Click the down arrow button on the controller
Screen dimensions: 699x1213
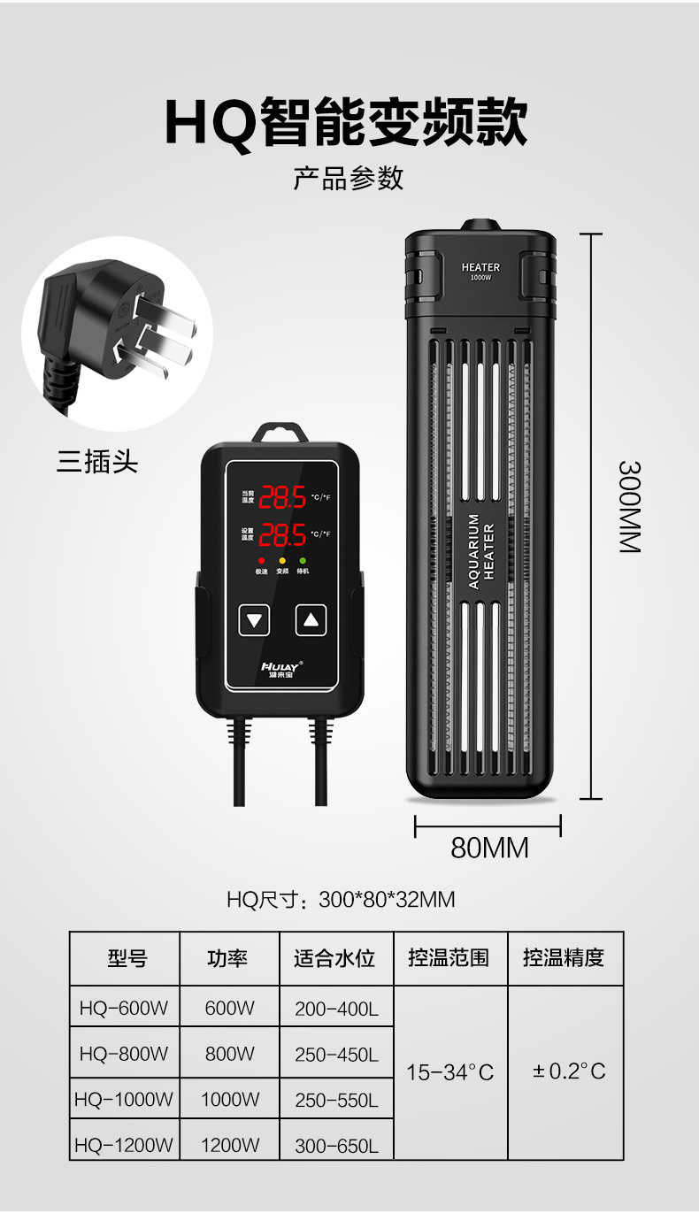coord(256,619)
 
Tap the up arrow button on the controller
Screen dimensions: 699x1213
coord(310,619)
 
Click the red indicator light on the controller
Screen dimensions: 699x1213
coord(261,561)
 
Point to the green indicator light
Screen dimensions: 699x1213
coord(303,561)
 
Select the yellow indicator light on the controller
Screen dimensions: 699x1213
coord(282,561)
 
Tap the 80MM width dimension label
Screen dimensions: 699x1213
coord(489,848)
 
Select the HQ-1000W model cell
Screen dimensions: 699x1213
coord(125,1100)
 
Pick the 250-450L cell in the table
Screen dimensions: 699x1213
coord(336,1055)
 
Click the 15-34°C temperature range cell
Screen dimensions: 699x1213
coord(449,1072)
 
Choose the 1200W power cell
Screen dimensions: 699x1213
coord(230,1145)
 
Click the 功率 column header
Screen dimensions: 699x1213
coord(228,958)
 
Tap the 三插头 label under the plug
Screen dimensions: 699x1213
coord(97,462)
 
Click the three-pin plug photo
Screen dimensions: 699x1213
coord(116,333)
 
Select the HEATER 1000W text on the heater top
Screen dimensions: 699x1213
coord(480,271)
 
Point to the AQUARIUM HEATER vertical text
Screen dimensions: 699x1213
coord(481,550)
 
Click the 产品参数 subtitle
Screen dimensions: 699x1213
coord(349,178)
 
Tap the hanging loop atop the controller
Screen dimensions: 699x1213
coord(280,433)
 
